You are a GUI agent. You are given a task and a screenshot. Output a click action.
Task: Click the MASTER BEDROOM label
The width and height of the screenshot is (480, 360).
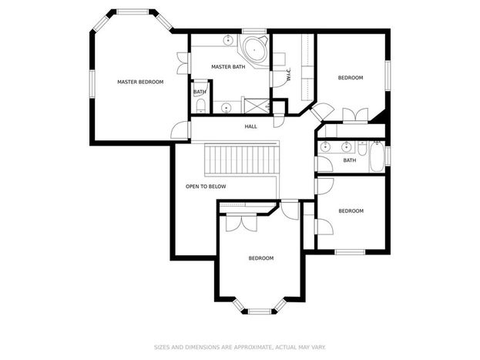click(x=140, y=82)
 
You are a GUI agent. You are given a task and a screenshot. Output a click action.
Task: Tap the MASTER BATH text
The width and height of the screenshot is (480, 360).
click(x=228, y=67)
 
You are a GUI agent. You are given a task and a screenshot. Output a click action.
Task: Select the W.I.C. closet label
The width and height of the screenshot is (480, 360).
click(x=289, y=75)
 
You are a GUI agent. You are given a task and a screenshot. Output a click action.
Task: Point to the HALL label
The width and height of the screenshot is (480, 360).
click(x=250, y=126)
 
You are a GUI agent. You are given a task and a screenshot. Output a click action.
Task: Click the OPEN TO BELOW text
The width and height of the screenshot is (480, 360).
click(x=206, y=187)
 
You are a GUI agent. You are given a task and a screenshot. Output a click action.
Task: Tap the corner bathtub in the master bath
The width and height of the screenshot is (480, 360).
click(x=255, y=49)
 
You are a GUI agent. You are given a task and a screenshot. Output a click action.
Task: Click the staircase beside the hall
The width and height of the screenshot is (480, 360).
click(x=242, y=160)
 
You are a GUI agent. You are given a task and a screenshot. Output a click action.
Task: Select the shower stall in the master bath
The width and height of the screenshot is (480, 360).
click(x=257, y=106)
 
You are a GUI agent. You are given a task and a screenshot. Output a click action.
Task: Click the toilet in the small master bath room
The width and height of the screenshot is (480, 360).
click(x=200, y=106)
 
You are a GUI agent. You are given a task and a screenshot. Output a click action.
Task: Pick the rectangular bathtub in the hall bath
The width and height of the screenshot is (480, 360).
click(x=377, y=156)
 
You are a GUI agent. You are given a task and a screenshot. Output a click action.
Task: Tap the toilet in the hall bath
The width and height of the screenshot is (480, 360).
click(x=362, y=148)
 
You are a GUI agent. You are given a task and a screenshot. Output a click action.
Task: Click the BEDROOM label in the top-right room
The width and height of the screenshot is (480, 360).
click(x=351, y=78)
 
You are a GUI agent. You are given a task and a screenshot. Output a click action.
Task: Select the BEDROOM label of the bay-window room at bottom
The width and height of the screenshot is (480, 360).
click(x=261, y=258)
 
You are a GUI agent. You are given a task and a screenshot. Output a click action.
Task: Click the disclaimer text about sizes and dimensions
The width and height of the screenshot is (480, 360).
click(x=240, y=347)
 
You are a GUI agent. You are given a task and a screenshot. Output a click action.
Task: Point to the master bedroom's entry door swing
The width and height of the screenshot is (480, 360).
click(x=180, y=130)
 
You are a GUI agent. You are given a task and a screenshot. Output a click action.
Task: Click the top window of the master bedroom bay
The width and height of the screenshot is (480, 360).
click(x=133, y=12)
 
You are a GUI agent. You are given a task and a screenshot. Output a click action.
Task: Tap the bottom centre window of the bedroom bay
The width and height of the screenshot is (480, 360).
click(x=260, y=311)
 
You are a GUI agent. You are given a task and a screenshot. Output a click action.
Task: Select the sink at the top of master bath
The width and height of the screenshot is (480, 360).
click(x=228, y=40)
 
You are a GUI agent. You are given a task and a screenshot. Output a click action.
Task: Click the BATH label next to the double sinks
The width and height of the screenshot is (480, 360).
click(x=350, y=160)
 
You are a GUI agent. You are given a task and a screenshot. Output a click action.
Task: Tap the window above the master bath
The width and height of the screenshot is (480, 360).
click(x=254, y=31)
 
